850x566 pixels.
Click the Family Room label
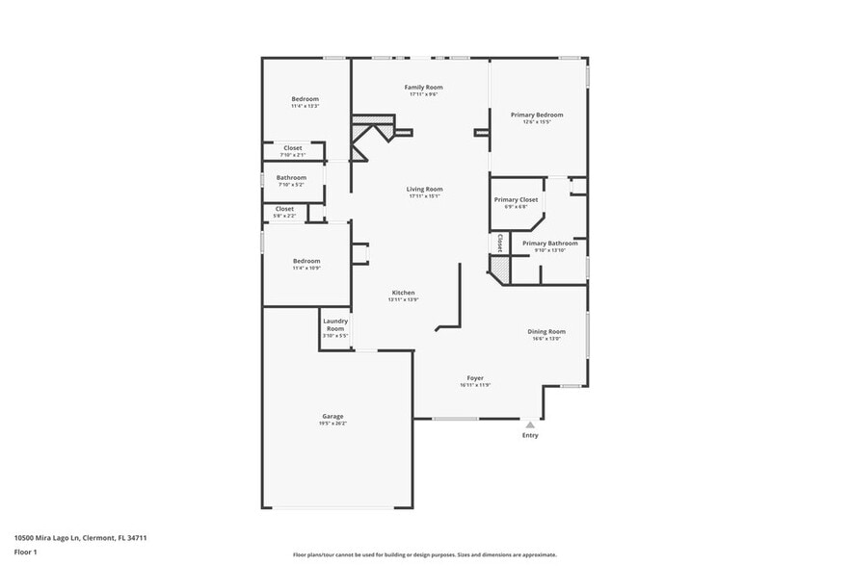click(424, 88)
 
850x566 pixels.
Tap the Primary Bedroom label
click(537, 115)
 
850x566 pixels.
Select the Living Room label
click(424, 190)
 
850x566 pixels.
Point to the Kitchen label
click(403, 293)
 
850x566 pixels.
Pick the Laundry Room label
click(334, 324)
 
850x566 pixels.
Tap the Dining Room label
click(546, 331)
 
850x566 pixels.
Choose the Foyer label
click(475, 378)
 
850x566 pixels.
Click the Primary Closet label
click(516, 199)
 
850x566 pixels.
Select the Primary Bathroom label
click(550, 244)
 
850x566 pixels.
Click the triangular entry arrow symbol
click(529, 424)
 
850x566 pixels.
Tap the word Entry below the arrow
click(530, 435)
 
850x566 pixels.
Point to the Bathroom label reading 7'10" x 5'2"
click(291, 178)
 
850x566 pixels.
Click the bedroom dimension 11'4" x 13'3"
click(305, 106)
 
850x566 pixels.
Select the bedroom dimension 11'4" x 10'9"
click(306, 268)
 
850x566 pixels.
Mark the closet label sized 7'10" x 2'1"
click(292, 151)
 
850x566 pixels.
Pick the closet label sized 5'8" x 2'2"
click(284, 212)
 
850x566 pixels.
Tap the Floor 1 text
click(25, 552)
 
